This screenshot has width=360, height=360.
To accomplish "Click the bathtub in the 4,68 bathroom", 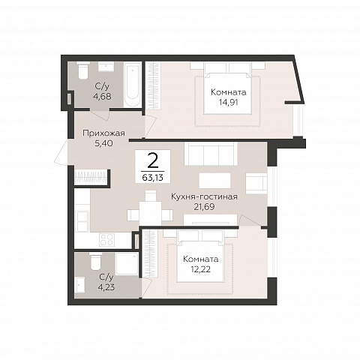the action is point(133,85).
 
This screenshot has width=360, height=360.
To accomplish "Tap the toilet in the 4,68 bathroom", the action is point(83,70).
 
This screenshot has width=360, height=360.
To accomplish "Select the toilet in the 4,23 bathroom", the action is point(95,261).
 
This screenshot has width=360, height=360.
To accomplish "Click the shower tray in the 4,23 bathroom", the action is point(127,263).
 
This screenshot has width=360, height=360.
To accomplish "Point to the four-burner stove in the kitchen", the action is point(106,239).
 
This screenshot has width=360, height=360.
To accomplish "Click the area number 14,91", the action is point(228,102).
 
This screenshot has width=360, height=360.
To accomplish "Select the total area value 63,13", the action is point(153,178).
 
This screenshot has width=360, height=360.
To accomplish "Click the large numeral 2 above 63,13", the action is point(153,160).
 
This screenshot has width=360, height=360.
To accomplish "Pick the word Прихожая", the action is point(103,133).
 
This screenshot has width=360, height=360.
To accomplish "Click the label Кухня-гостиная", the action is point(204,196).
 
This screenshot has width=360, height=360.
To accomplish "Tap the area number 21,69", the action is point(204,207).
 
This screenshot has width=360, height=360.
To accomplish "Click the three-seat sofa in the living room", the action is point(211,154).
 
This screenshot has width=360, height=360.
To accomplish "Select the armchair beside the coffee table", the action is point(256,183).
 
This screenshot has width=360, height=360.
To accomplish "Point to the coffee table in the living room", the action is point(214,180).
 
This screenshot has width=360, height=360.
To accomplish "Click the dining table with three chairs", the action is point(150,209).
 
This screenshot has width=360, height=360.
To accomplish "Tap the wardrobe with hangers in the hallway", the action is point(91,177).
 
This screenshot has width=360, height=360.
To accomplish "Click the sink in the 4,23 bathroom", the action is point(80,285).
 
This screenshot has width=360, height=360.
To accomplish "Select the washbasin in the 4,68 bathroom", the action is point(106,67).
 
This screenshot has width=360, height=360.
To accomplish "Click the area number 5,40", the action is point(103,143).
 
